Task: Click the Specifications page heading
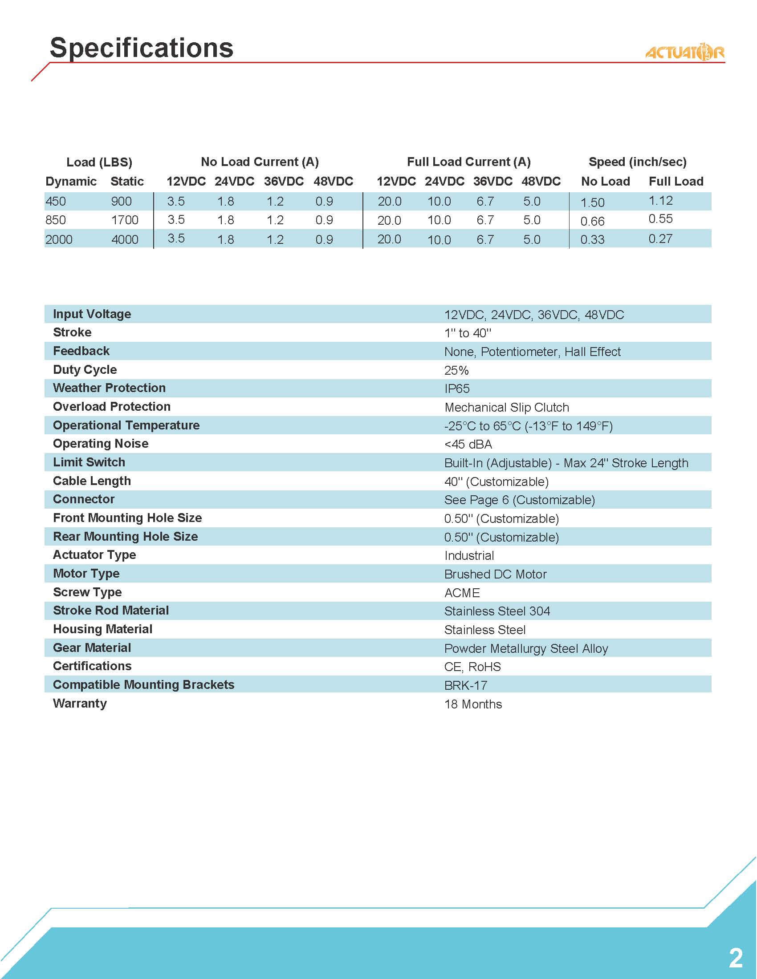click(141, 48)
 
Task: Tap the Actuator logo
click(684, 53)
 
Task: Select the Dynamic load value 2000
click(59, 239)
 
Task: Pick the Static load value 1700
click(125, 220)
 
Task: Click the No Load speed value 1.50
click(592, 202)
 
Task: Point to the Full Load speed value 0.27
click(660, 239)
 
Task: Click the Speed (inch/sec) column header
click(637, 162)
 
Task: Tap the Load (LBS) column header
click(99, 162)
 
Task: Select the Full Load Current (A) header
click(468, 162)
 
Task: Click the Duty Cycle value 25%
click(456, 370)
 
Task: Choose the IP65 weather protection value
click(457, 388)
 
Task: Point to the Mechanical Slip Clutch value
click(507, 408)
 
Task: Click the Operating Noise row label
click(101, 444)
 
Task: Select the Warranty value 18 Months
click(473, 704)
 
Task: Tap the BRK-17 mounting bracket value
click(465, 685)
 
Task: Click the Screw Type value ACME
click(462, 593)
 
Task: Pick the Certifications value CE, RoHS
click(472, 667)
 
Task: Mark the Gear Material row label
click(92, 648)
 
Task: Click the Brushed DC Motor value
click(495, 574)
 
